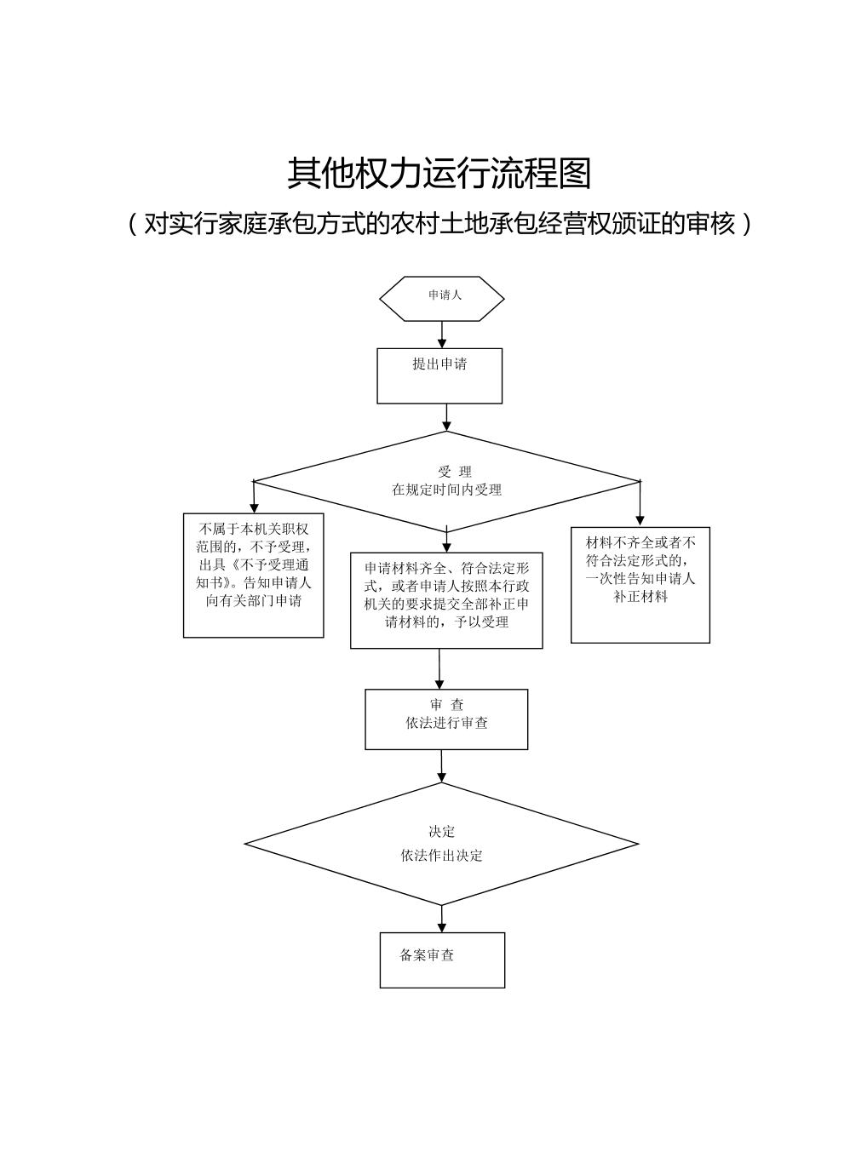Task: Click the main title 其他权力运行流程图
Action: pos(439,174)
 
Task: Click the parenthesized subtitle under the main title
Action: pos(439,223)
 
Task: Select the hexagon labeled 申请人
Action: pos(441,298)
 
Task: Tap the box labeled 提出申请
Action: pos(439,375)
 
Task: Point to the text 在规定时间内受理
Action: pos(446,490)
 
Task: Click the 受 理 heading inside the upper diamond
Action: pos(454,472)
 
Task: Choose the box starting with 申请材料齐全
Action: pos(446,599)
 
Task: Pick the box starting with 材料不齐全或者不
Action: pos(640,584)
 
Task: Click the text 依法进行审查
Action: pos(446,723)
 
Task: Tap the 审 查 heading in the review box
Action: pos(446,705)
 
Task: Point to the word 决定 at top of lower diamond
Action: pos(441,832)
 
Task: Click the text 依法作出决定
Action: pos(441,856)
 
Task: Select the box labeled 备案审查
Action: pos(442,960)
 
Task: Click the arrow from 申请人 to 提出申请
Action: pos(441,334)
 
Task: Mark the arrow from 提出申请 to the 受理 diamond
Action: pos(446,416)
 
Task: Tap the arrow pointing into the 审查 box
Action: pos(439,669)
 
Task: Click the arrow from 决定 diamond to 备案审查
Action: pos(441,919)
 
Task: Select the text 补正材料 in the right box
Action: pos(640,597)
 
